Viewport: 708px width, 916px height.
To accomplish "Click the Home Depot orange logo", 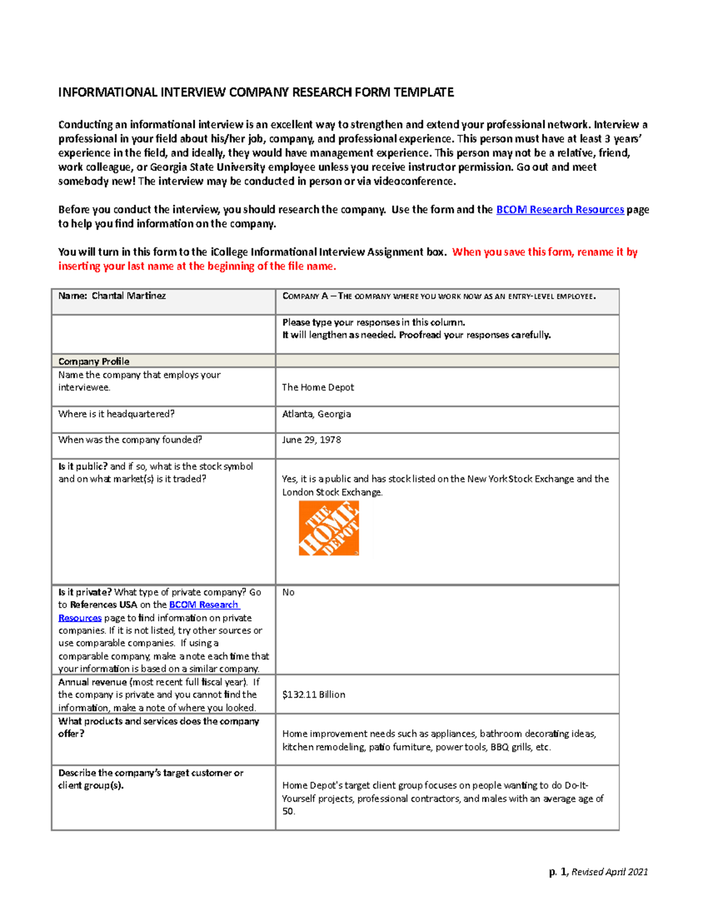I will tap(329, 528).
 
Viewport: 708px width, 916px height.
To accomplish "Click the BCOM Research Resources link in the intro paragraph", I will tap(559, 209).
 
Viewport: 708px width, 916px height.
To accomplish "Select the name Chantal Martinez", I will tap(128, 296).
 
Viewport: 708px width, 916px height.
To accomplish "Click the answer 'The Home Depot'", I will tap(317, 387).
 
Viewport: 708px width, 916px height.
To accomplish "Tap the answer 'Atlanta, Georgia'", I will tap(316, 414).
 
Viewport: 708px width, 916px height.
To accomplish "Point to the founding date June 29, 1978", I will tap(311, 440).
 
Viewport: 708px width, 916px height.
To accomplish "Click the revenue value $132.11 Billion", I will tap(313, 695).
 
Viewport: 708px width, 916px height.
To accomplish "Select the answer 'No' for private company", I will tap(288, 592).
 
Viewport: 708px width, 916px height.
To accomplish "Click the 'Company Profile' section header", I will tap(94, 361).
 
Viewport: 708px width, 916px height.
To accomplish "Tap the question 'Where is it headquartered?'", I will tap(116, 414).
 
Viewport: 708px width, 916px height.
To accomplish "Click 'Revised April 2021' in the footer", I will tap(609, 872).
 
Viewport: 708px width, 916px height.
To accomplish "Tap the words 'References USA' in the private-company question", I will tap(103, 605).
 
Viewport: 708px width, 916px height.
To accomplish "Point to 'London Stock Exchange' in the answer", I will tap(332, 492).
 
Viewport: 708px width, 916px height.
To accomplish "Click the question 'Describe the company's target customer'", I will tap(150, 773).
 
